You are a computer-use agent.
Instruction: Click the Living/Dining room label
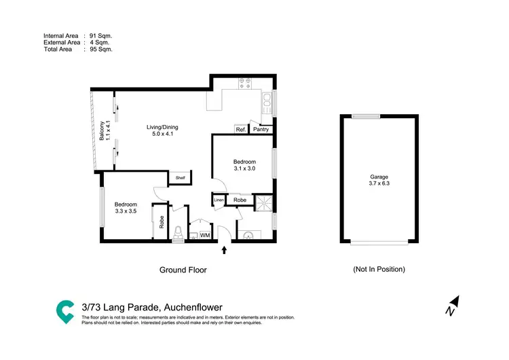(162, 127)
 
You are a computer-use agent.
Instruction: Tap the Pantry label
(261, 129)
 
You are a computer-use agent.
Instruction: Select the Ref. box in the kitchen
(241, 129)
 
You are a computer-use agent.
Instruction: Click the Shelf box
(181, 178)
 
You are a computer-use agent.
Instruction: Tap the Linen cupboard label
(219, 200)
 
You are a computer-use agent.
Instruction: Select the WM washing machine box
(204, 235)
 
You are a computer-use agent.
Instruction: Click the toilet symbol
(178, 233)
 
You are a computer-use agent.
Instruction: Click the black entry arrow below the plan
(225, 252)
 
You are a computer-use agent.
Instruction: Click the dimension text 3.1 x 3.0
(244, 168)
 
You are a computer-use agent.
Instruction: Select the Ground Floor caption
(183, 270)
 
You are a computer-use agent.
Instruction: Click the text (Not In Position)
(379, 269)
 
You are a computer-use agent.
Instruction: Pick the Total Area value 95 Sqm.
(100, 50)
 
